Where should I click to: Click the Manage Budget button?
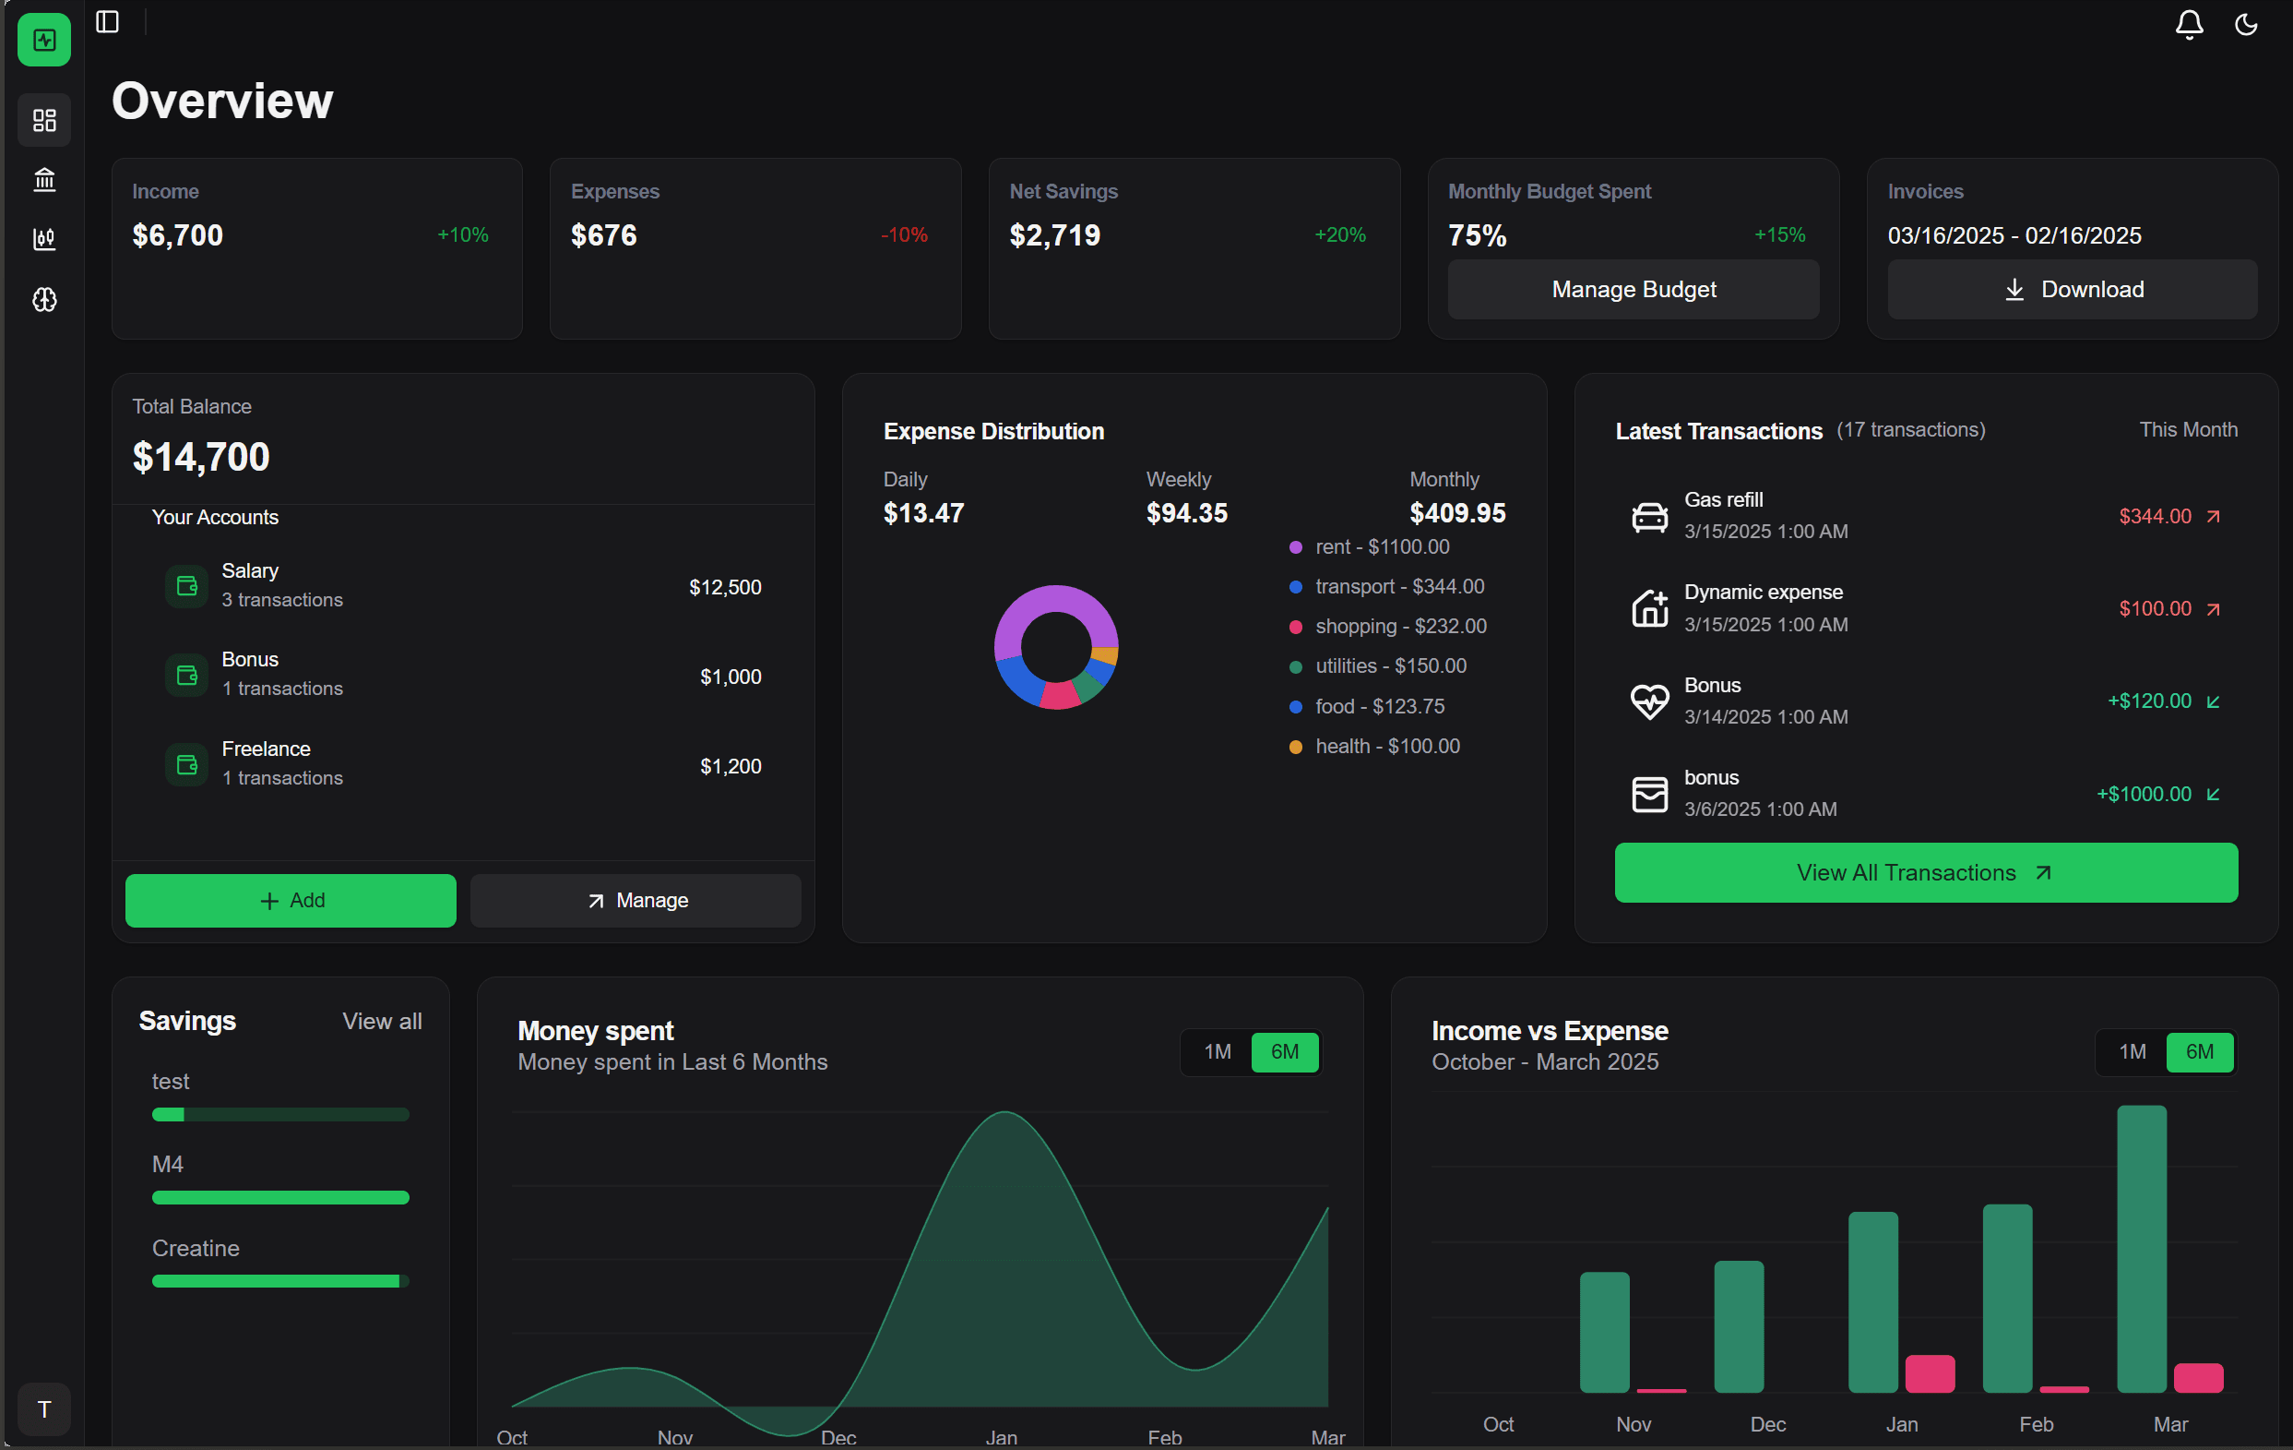1634,290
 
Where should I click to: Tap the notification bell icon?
2188,24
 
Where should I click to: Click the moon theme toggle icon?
2245,24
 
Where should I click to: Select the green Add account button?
291,900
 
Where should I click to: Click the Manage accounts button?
636,900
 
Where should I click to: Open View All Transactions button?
1925,872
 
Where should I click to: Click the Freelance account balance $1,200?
731,766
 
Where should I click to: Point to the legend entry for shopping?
1400,626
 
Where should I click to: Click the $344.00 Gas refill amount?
2154,516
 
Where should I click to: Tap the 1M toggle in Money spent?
1216,1052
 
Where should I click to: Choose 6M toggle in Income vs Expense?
2199,1052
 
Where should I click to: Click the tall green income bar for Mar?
2141,1248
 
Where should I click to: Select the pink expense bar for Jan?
1930,1373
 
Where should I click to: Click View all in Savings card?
382,1022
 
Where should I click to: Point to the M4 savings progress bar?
280,1197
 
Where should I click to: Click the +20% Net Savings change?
1339,235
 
